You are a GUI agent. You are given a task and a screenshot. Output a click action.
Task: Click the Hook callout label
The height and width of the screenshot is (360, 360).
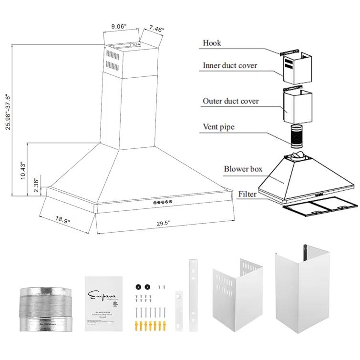pos(212,43)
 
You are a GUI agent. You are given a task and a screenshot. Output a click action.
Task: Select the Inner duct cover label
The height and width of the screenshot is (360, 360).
pos(230,65)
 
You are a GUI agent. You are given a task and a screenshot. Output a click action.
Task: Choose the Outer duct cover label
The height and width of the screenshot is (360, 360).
pos(231,101)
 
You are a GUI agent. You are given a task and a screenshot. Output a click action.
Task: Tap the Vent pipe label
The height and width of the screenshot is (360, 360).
pos(218,127)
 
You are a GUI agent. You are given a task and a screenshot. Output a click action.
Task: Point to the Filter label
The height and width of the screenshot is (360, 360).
pos(247,194)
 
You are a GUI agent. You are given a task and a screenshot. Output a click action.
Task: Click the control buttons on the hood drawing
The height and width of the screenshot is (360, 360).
pos(162,203)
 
